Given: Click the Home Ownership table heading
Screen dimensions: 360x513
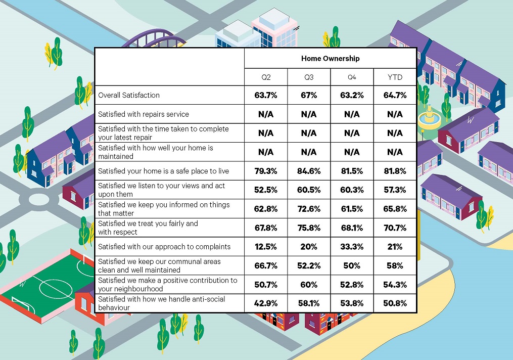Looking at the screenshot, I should click(330, 58).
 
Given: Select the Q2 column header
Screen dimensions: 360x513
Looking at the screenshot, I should click(266, 77).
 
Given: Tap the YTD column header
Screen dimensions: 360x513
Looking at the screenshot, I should click(395, 77).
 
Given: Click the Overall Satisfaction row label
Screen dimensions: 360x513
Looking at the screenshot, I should click(129, 95).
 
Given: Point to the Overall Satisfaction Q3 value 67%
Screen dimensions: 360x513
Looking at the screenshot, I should click(309, 95).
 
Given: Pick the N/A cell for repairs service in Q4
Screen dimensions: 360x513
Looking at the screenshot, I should click(352, 114).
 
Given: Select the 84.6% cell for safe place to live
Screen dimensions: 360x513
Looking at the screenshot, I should click(309, 171).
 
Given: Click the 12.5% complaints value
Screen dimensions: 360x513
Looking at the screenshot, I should click(266, 247).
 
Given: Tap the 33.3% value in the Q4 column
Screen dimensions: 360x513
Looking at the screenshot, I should click(352, 247).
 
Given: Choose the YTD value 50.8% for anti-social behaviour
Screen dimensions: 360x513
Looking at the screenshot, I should click(395, 304).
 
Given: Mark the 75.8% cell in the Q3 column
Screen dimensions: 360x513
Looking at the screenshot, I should click(309, 228).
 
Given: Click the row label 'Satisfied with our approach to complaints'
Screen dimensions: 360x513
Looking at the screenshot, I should click(164, 247).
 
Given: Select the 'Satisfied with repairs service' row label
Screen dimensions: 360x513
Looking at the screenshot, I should click(144, 114).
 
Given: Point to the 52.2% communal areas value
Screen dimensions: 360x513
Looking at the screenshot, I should click(309, 266).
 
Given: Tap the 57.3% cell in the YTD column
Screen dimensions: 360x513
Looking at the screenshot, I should click(395, 190).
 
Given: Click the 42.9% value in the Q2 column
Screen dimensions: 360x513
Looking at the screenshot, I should click(266, 304).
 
